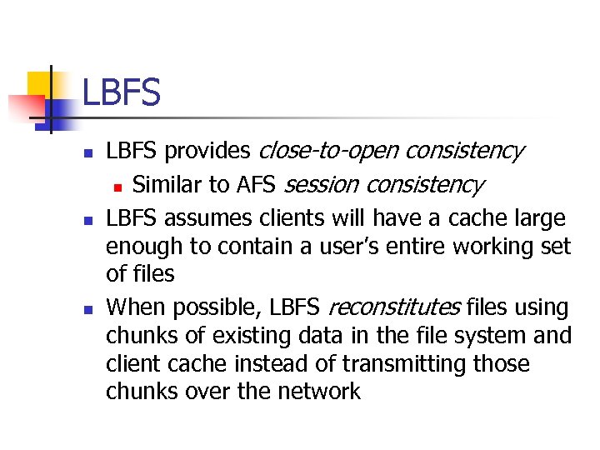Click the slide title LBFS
click(121, 92)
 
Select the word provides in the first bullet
click(207, 151)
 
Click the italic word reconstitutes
click(394, 307)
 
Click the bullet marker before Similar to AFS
click(118, 185)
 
